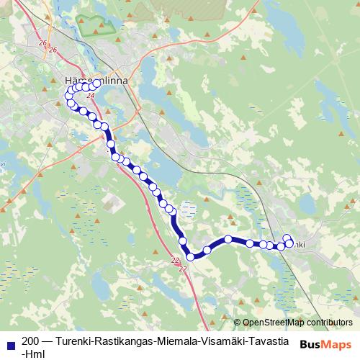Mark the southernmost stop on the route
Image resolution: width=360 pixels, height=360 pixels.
(x=191, y=256)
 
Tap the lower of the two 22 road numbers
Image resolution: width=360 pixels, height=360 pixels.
(x=182, y=269)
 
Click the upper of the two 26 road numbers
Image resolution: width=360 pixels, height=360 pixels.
(x=42, y=44)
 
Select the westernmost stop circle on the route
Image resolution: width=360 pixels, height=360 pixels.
(x=69, y=96)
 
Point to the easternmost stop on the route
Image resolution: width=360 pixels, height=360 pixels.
(x=290, y=243)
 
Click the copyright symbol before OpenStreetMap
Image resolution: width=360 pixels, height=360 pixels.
(x=237, y=322)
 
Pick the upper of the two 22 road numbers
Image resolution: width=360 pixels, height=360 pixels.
(x=176, y=259)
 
